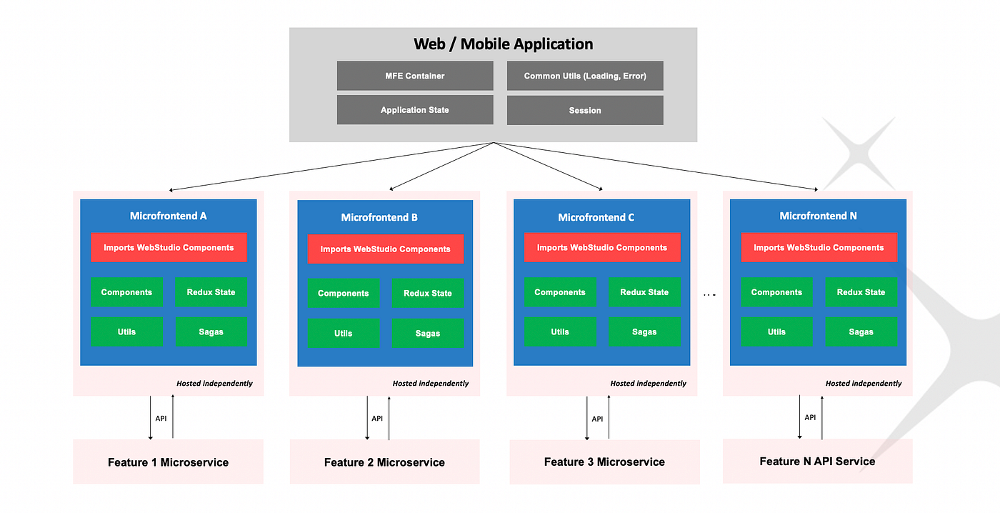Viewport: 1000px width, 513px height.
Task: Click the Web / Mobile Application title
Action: pyautogui.click(x=503, y=44)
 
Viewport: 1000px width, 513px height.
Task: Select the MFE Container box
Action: pyautogui.click(x=415, y=76)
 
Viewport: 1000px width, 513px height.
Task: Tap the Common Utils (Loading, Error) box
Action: pyautogui.click(x=585, y=76)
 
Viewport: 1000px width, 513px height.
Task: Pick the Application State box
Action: pyautogui.click(x=415, y=110)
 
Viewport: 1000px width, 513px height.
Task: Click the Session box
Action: pyautogui.click(x=585, y=110)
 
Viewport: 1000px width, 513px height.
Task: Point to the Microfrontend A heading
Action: pyautogui.click(x=168, y=216)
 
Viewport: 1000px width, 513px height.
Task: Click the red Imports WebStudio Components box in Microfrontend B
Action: pyautogui.click(x=385, y=249)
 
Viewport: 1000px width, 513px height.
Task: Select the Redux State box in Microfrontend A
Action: pyautogui.click(x=211, y=292)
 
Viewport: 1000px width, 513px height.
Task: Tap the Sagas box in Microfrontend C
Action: pyautogui.click(x=644, y=332)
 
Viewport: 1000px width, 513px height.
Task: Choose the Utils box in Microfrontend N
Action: pyautogui.click(x=776, y=332)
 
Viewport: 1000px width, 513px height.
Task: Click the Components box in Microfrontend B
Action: pyautogui.click(x=344, y=294)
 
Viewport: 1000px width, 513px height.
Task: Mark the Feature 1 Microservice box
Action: pyautogui.click(x=168, y=462)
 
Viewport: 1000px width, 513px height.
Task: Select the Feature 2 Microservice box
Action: pyautogui.click(x=384, y=462)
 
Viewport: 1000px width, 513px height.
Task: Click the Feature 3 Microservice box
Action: pyautogui.click(x=604, y=462)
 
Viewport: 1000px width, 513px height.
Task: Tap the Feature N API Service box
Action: pyautogui.click(x=817, y=461)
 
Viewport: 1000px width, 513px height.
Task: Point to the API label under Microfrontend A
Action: pyautogui.click(x=161, y=419)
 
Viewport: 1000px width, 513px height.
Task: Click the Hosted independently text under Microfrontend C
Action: pyautogui.click(x=648, y=384)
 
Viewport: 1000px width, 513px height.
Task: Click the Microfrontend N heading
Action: pyautogui.click(x=818, y=216)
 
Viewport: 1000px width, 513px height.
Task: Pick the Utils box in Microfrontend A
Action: pyautogui.click(x=126, y=332)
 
